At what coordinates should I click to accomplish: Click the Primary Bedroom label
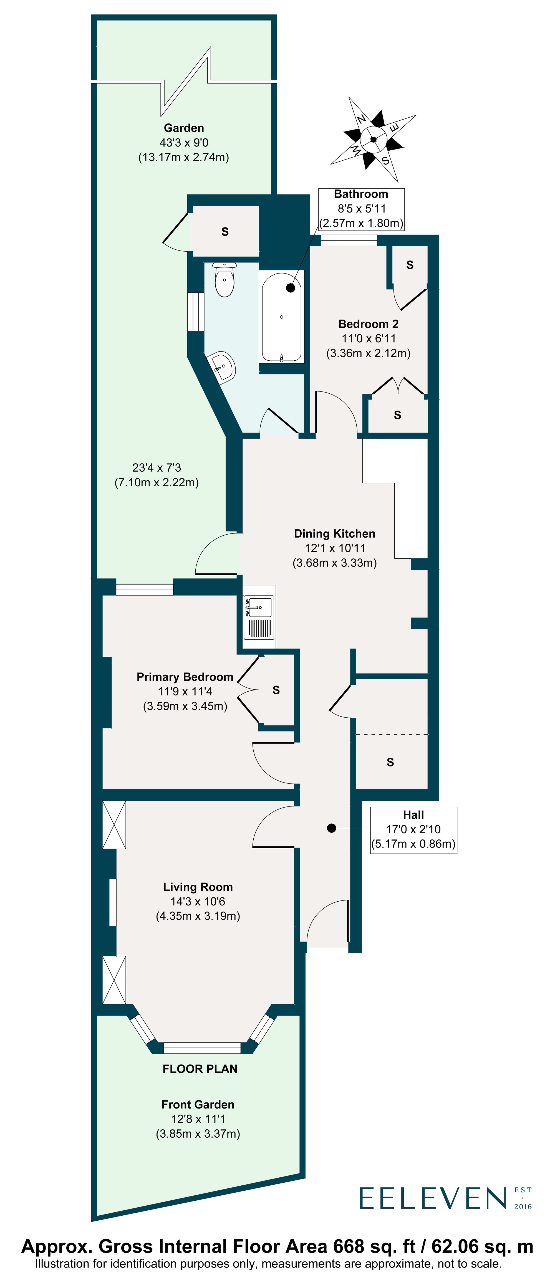185,677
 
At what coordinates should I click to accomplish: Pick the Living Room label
198,887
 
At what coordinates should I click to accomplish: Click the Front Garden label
198,1104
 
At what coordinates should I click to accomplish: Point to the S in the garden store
225,232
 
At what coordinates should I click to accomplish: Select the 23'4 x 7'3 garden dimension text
157,468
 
